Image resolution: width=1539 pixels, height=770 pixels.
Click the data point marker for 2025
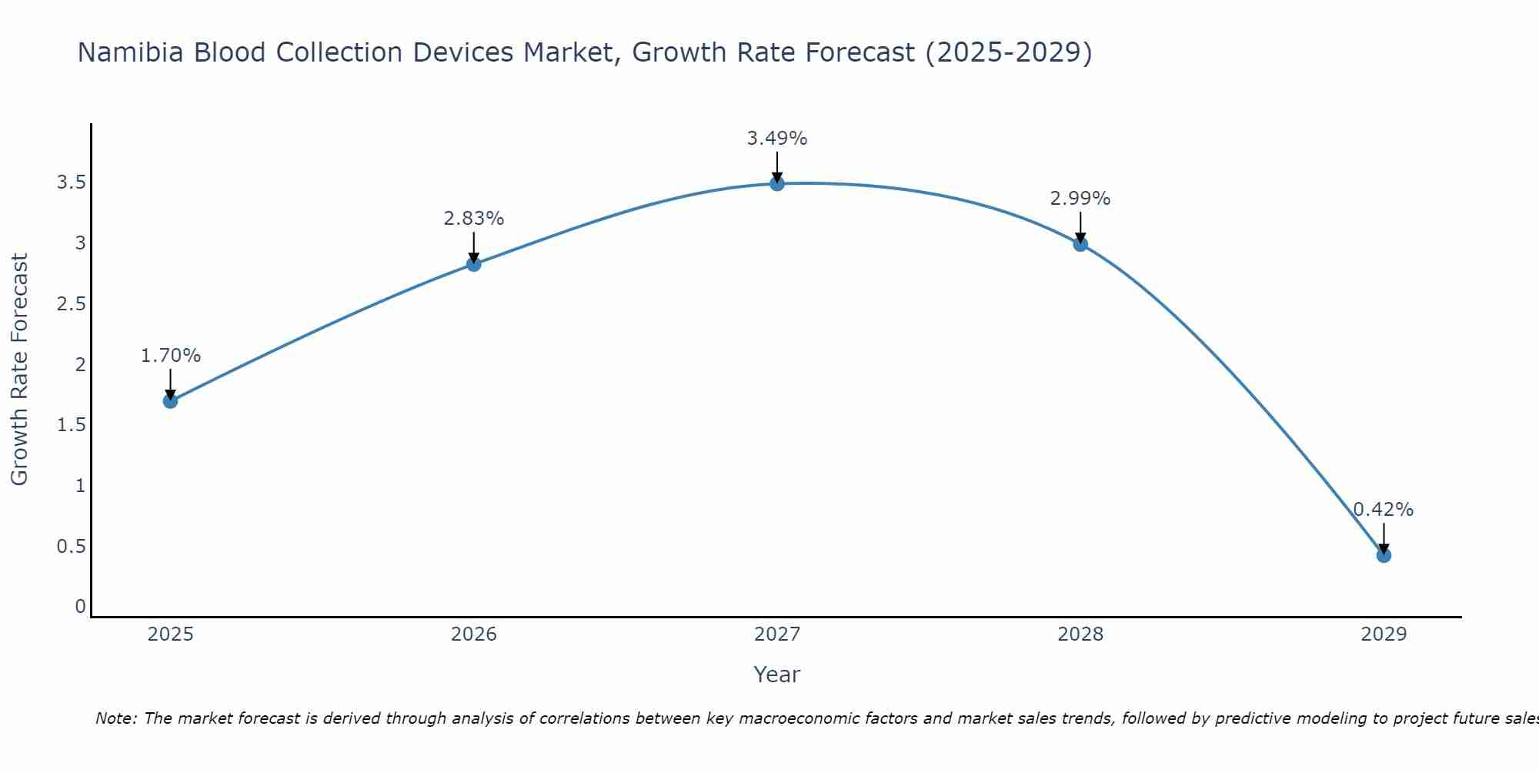pos(171,400)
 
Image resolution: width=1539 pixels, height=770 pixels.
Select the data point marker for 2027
pos(777,183)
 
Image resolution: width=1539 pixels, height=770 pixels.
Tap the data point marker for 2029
pos(1384,555)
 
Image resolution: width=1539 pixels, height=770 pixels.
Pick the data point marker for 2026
pos(474,264)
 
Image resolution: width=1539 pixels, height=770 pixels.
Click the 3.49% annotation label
pos(777,139)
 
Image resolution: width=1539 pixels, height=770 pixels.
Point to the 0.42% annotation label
pos(1384,510)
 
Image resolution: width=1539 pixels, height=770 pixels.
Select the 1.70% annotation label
pos(171,356)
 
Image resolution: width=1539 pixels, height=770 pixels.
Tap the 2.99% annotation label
pos(1080,199)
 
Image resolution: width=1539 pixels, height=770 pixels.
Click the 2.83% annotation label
pos(474,219)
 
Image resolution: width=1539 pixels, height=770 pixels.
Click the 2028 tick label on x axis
pos(1080,634)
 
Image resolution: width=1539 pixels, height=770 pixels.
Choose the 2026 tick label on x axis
pos(474,634)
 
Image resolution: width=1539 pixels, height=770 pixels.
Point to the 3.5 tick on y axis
pos(71,182)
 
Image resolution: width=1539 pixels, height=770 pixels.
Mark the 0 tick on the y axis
pos(80,607)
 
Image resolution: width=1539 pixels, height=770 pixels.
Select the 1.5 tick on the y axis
pos(71,425)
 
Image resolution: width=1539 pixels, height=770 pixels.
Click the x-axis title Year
pos(777,675)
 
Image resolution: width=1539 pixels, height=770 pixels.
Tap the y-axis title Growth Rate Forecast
pos(19,370)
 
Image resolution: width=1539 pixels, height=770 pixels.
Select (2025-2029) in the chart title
pos(1008,52)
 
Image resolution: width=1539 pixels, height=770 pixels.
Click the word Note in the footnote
pos(115,718)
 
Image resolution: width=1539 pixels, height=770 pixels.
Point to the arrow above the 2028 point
pos(1080,227)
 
